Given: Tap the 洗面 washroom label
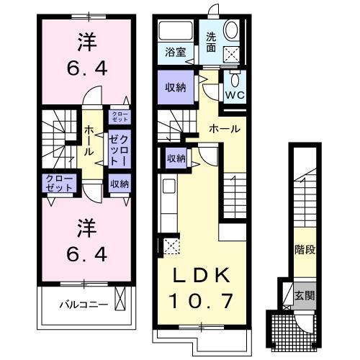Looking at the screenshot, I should [x=212, y=42].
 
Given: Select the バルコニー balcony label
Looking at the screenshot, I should [x=84, y=305].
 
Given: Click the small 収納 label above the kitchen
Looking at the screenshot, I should [x=176, y=158].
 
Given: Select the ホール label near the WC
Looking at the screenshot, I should [x=223, y=129].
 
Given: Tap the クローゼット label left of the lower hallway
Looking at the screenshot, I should [x=58, y=182].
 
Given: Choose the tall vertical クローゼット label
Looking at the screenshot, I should [x=119, y=148].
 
